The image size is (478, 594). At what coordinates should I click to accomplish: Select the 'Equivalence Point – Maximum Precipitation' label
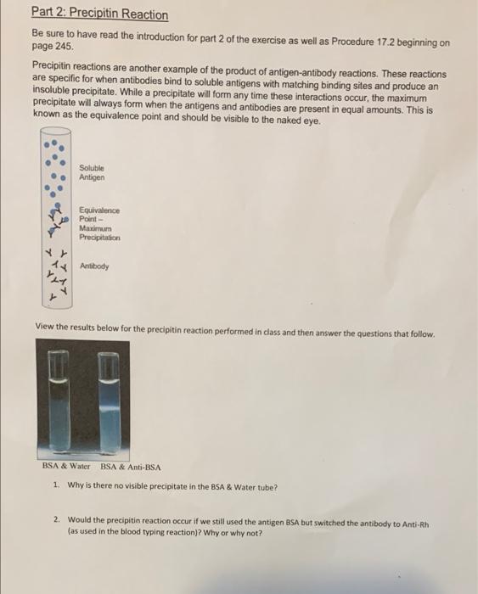coord(99,224)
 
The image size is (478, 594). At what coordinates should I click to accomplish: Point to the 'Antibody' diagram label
coord(93,265)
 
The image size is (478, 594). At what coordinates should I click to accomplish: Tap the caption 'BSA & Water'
coord(67,467)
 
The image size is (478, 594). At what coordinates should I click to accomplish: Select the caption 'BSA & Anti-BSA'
coord(131,467)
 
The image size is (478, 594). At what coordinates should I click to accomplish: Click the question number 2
coord(55,517)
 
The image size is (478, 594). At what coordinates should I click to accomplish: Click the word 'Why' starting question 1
coord(73,486)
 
